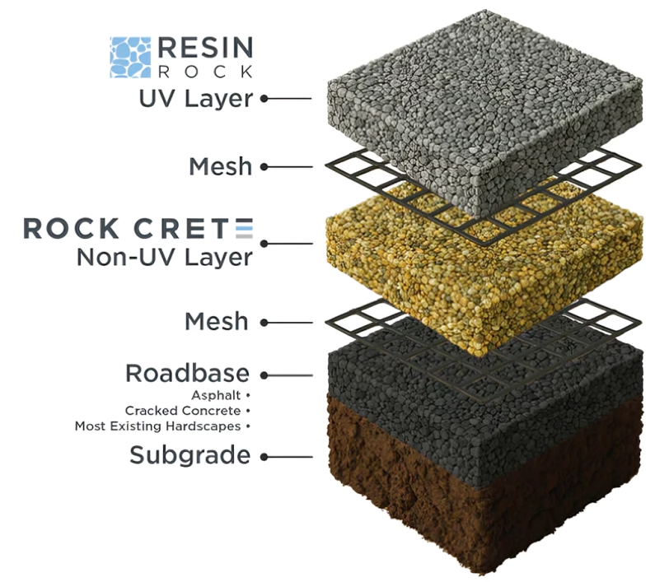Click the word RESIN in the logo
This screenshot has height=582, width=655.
coord(204,47)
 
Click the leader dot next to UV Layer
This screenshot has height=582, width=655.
coord(264,99)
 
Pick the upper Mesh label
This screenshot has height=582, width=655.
coord(220,166)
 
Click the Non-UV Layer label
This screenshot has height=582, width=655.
coord(164,257)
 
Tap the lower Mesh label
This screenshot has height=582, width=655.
coord(217,320)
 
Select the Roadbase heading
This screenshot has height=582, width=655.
coord(187,373)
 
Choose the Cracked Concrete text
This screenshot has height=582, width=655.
coord(182,410)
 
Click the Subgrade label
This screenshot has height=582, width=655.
coord(189,454)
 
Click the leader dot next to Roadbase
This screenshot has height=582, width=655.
coord(264,375)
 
